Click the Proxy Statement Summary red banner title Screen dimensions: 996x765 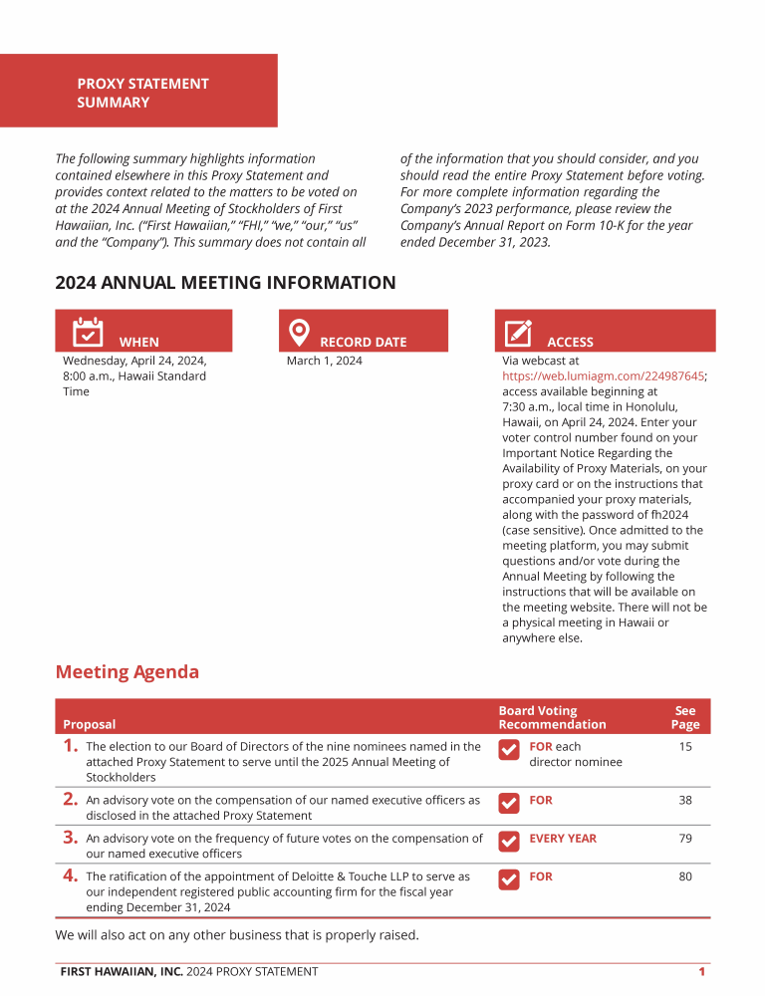pos(142,93)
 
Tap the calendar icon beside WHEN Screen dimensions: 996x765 pos(88,331)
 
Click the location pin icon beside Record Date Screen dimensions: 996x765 pos(298,331)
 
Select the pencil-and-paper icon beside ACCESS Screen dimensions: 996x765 pos(518,332)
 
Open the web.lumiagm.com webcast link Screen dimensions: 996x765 pos(603,376)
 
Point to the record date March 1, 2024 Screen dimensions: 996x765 pos(324,361)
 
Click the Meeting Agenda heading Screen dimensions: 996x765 pos(127,672)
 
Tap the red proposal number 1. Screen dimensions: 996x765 pos(70,745)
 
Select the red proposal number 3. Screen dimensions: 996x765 pos(70,838)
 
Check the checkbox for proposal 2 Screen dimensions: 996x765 pos(508,802)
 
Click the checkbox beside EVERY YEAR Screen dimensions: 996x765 pos(508,841)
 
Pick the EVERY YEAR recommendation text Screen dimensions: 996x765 pos(563,839)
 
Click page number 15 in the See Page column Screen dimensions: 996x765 pos(685,746)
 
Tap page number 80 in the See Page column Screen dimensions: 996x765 pos(685,876)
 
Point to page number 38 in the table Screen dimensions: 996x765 pos(685,800)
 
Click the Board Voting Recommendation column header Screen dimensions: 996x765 pos(552,718)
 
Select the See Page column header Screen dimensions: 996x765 pos(685,718)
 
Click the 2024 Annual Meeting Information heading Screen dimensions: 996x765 pos(225,283)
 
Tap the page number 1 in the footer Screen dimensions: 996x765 pos(702,971)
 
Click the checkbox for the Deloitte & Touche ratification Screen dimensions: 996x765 pos(508,879)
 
